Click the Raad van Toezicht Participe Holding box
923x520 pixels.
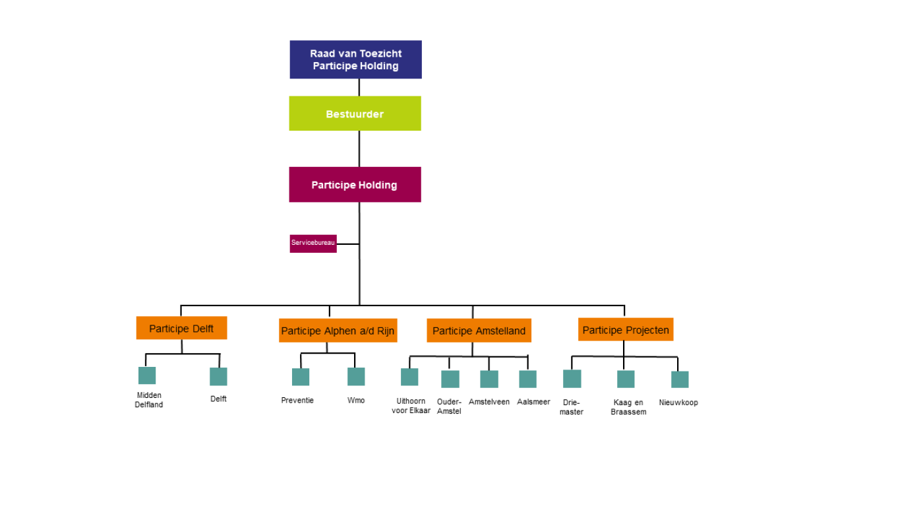pos(355,59)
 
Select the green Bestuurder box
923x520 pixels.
pos(355,114)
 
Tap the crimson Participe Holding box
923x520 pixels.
pos(355,185)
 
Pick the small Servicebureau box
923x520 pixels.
pos(313,243)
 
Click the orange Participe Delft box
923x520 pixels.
pos(181,328)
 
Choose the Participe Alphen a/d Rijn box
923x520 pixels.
pos(338,331)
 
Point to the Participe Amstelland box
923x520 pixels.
pos(479,331)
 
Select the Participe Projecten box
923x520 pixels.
pos(626,329)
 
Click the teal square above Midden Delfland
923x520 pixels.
pos(147,375)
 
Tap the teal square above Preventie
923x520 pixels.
pos(301,377)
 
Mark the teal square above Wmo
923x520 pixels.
pos(356,376)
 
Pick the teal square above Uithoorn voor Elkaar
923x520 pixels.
pos(409,377)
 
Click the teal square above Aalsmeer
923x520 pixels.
pos(527,379)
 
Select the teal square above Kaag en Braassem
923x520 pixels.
pos(626,379)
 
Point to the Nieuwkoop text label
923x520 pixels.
pos(678,403)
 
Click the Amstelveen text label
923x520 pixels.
pos(489,402)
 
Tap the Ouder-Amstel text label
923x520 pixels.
pos(449,406)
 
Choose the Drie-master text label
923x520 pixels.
pos(572,407)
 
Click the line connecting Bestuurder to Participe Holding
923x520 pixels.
pos(359,148)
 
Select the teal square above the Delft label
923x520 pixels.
pos(218,376)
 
